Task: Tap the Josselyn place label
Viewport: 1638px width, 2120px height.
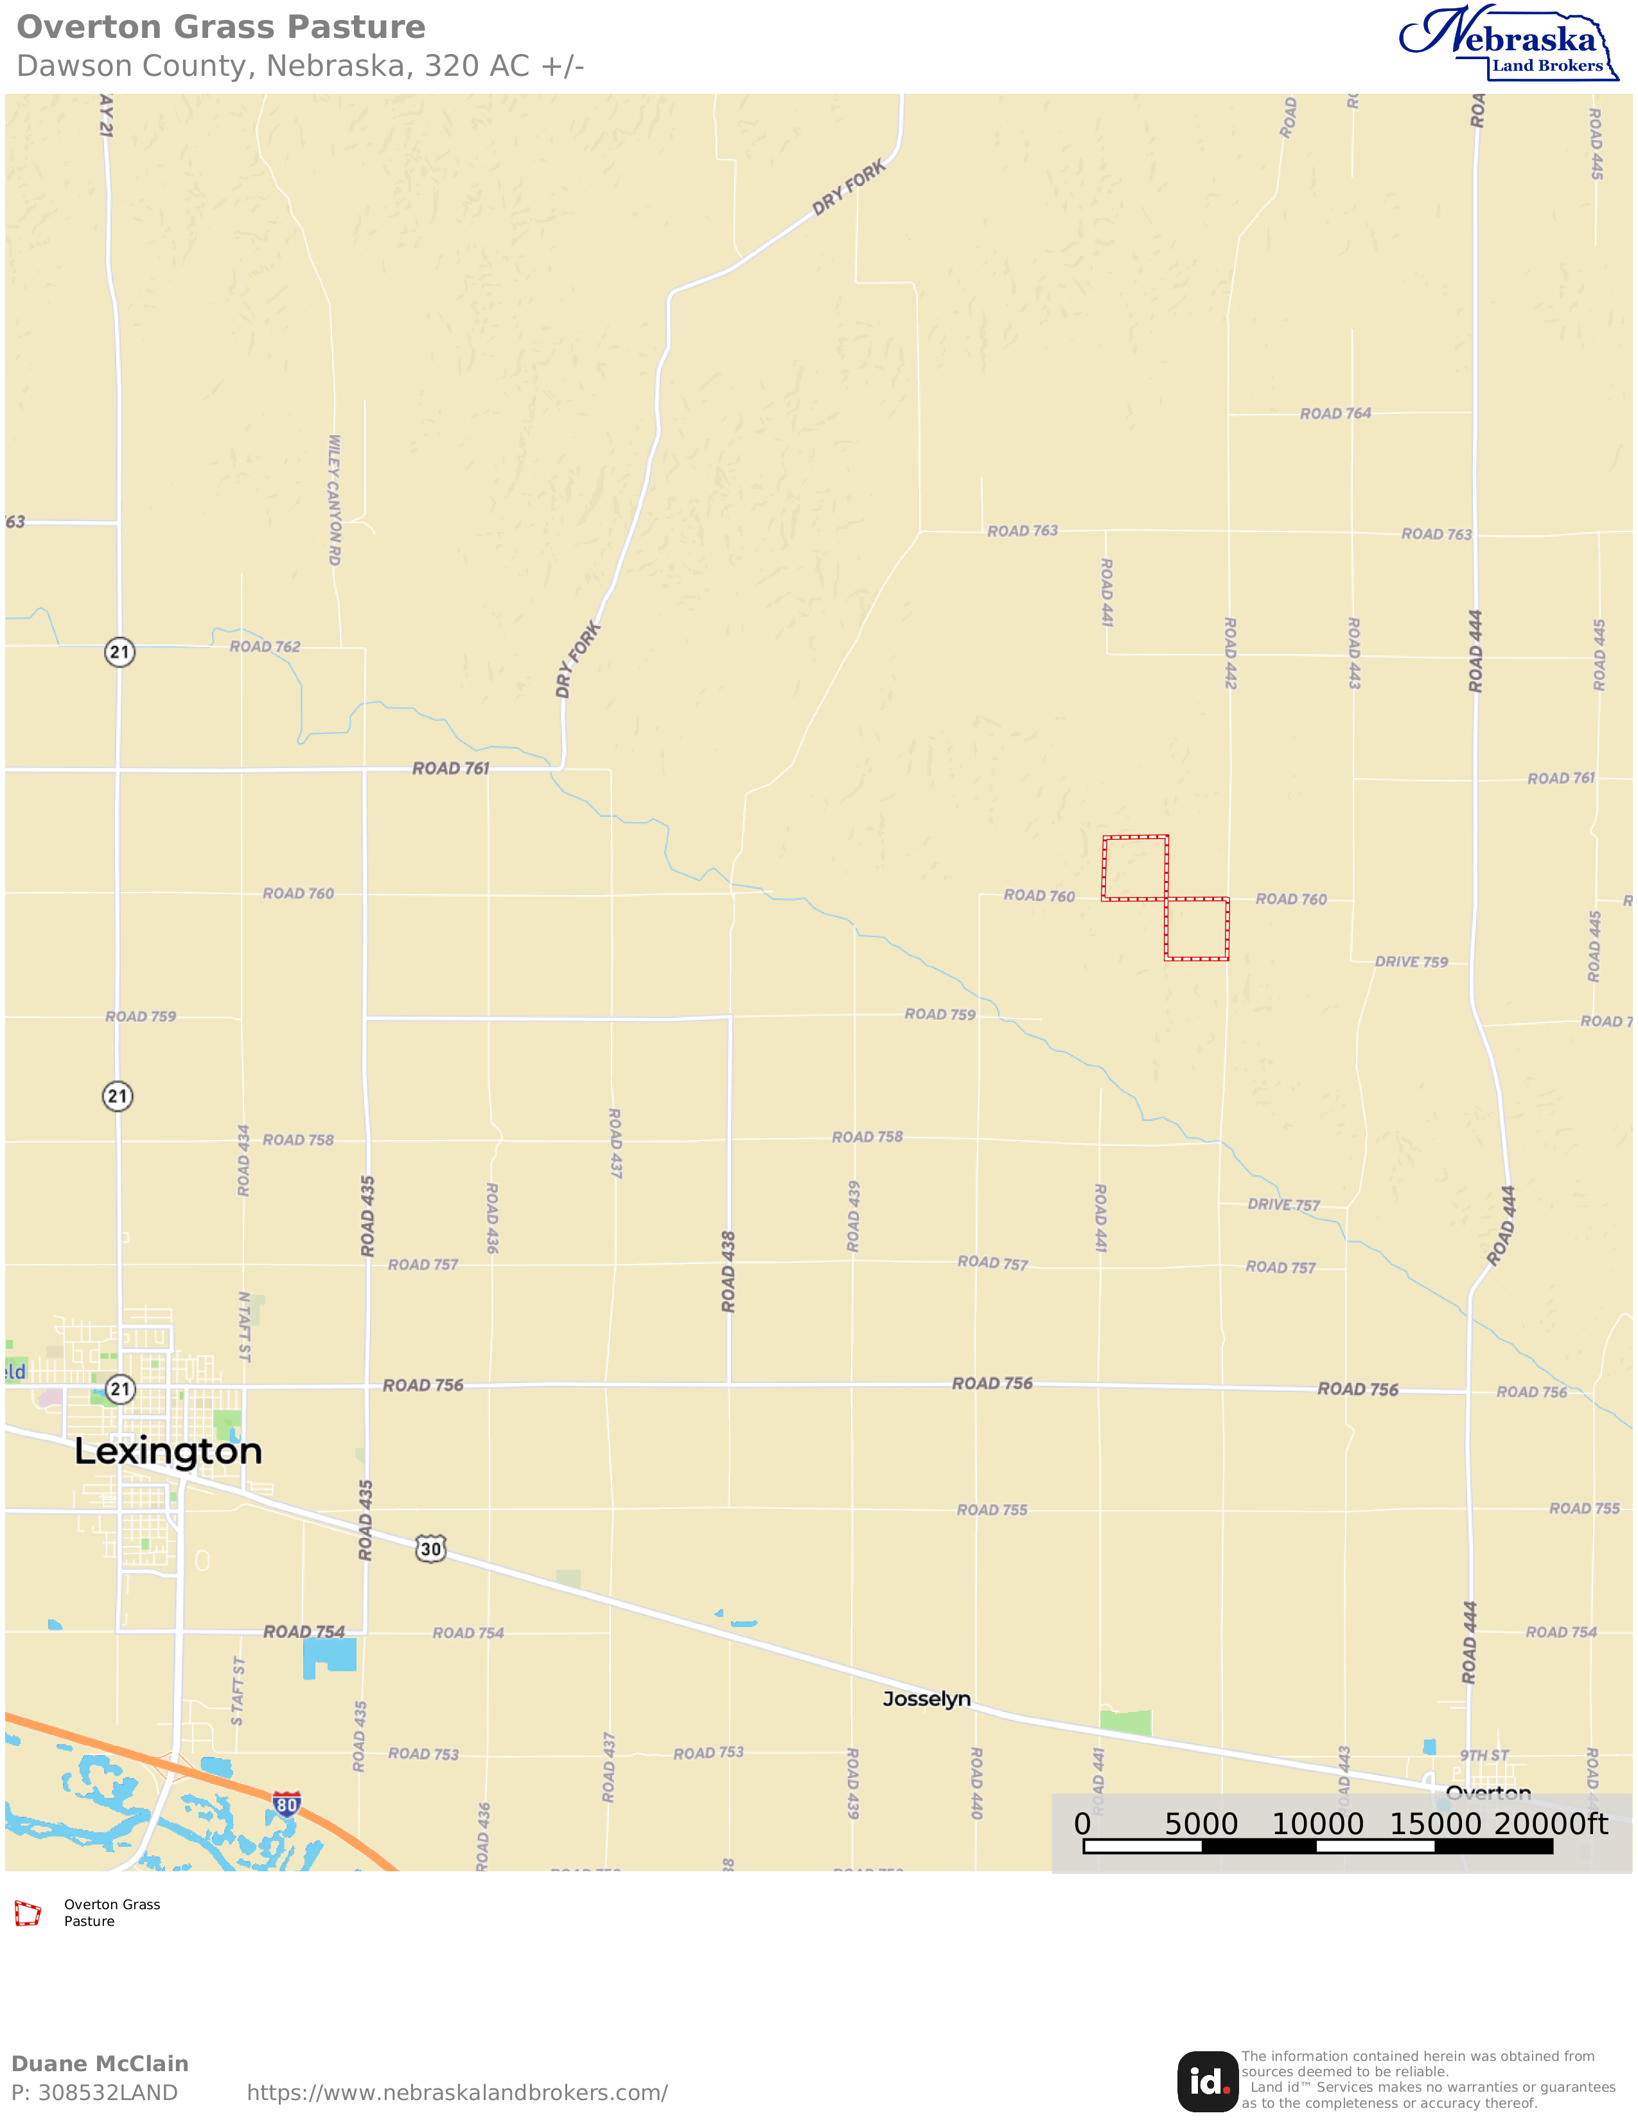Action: (926, 1698)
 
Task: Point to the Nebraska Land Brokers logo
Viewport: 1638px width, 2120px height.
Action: (1507, 44)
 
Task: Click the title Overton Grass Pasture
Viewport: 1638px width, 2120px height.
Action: (221, 27)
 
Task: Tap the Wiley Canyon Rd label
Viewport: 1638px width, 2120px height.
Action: (335, 500)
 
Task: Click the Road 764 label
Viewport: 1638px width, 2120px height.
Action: (1335, 413)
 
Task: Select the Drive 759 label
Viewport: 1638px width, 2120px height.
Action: (1411, 962)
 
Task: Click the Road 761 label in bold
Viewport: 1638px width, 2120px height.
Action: (450, 768)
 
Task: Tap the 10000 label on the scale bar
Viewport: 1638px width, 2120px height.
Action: (1317, 1824)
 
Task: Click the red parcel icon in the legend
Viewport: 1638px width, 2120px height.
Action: (27, 1913)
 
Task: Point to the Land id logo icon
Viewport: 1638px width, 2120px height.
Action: (1207, 2082)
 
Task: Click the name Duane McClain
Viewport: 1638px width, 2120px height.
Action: (100, 2063)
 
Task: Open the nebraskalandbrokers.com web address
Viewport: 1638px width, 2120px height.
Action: (457, 2093)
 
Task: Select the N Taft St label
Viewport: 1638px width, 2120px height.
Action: (245, 1327)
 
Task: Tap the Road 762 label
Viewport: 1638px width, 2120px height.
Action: (265, 646)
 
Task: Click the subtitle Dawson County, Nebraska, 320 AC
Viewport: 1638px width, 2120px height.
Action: (300, 66)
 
